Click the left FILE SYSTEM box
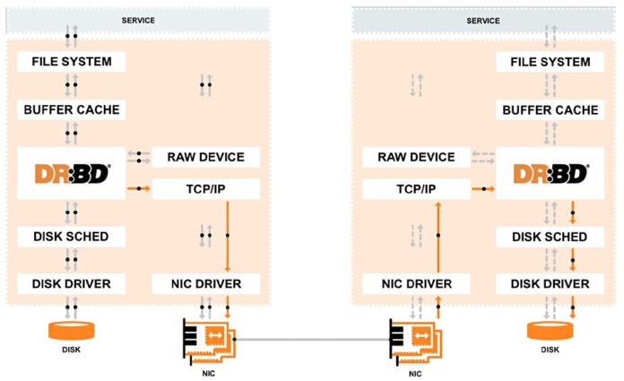(72, 62)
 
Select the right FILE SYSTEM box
(550, 62)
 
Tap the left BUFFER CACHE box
(72, 109)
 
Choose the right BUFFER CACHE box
(550, 109)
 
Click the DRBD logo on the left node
(72, 174)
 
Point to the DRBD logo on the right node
(550, 174)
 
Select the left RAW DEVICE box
(205, 157)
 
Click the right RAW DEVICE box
(415, 157)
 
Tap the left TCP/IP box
(205, 189)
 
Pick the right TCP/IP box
(415, 189)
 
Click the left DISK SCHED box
(72, 237)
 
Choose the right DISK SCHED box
(550, 237)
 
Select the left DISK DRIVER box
(72, 284)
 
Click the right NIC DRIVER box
(415, 284)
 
